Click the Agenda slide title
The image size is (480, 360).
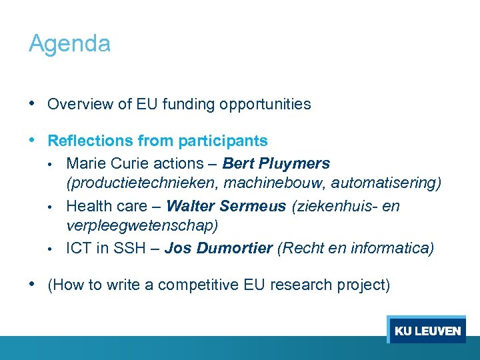[x=69, y=44]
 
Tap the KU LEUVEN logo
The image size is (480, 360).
[x=427, y=331]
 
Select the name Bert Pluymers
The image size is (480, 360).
[x=276, y=163]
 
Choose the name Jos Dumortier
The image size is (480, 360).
[x=218, y=249]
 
